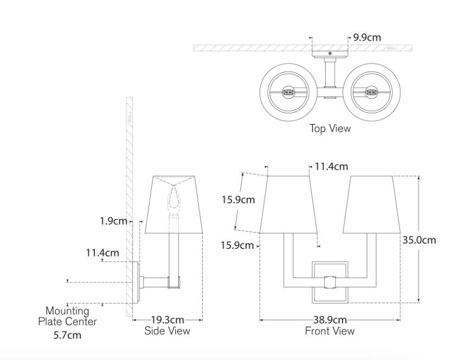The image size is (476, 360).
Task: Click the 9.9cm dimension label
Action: [x=367, y=37]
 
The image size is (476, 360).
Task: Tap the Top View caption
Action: [x=330, y=128]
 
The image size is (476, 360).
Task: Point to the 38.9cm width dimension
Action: [x=329, y=320]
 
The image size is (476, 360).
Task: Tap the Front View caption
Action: [x=330, y=331]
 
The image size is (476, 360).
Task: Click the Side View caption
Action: [x=167, y=330]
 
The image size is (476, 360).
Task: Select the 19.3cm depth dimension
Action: [x=167, y=320]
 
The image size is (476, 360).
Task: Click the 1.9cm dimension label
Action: [x=113, y=221]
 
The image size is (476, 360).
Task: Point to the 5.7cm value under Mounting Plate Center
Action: [x=68, y=335]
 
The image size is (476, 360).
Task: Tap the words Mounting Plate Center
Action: [x=68, y=317]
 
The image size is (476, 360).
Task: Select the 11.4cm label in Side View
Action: [x=102, y=252]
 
